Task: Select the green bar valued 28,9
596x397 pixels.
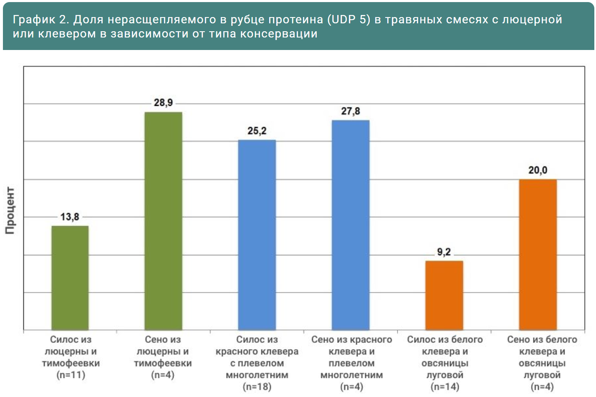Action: (x=163, y=221)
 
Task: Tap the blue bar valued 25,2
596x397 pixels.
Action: (x=257, y=235)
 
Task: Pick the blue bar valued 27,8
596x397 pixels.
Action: (x=351, y=225)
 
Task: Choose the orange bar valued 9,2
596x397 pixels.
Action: (x=444, y=295)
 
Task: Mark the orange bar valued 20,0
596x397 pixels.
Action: (x=538, y=254)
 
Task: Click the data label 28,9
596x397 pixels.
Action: (x=163, y=102)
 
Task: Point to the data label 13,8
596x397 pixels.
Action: (x=70, y=217)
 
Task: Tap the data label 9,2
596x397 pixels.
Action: (x=444, y=252)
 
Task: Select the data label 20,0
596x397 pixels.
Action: (x=538, y=170)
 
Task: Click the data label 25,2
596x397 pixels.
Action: (x=257, y=131)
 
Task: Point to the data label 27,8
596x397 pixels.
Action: (x=351, y=111)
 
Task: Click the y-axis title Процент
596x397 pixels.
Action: (x=10, y=210)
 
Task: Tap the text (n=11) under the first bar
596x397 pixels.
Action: (x=71, y=375)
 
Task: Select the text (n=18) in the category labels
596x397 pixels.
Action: (x=257, y=387)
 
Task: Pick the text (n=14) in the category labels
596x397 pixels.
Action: (x=445, y=387)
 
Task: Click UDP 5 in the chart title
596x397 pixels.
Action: (x=349, y=20)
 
